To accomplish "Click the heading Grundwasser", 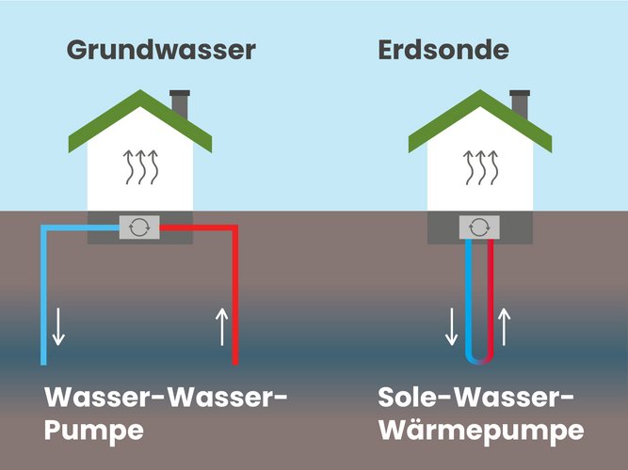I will point(161,50).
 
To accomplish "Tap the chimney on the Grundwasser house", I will point(180,104).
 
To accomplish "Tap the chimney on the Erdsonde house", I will point(519,104).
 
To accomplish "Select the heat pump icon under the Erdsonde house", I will point(479,227).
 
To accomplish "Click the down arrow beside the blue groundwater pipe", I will point(58,325).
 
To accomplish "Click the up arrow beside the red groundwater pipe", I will point(222,325).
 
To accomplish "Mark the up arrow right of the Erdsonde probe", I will point(504,325).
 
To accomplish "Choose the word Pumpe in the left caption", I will point(93,431).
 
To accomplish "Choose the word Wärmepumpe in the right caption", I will point(477,431).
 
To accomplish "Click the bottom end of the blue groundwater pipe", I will point(44,361).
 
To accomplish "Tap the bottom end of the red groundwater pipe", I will point(235,361).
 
